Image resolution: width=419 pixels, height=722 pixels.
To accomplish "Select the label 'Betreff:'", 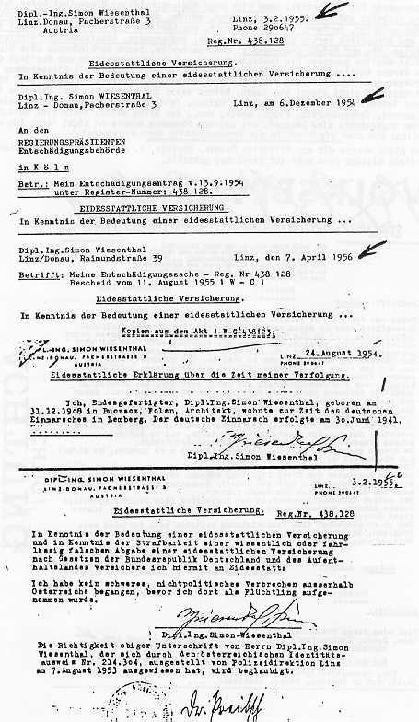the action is point(37,272).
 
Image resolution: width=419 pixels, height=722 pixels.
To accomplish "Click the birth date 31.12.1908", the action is point(55,407).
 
